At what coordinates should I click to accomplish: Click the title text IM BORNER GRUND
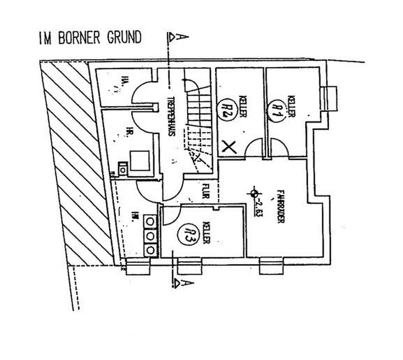coord(89,38)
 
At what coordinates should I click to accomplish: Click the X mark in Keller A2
coord(229,147)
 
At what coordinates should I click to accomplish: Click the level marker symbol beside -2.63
coord(253,193)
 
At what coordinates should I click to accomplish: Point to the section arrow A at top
coord(178,37)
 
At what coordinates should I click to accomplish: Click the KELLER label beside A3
coord(206,233)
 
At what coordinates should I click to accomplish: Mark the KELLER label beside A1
coord(290,107)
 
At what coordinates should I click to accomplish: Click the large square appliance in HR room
coord(140,160)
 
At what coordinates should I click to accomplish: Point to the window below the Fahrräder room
coord(272,265)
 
